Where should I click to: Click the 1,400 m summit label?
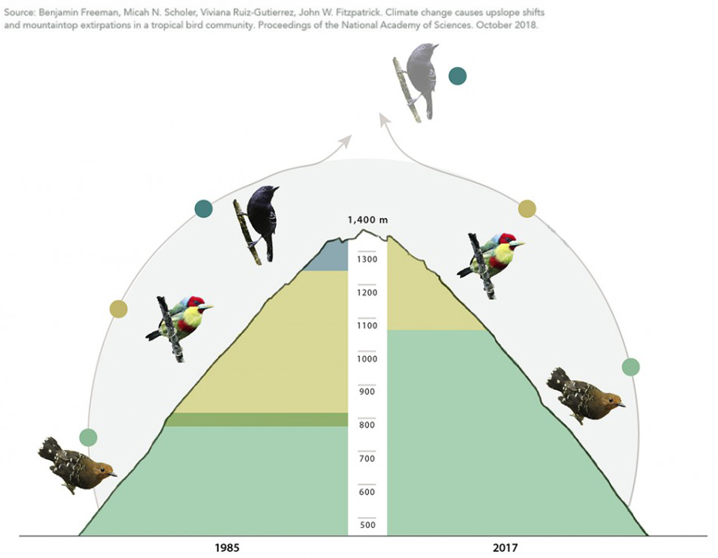pyautogui.click(x=367, y=220)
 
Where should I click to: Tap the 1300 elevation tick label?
pyautogui.click(x=367, y=259)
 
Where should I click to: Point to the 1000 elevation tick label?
pyautogui.click(x=367, y=358)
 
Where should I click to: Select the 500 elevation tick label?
pyautogui.click(x=367, y=525)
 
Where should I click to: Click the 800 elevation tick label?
pyautogui.click(x=367, y=425)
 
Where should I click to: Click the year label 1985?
pyautogui.click(x=227, y=547)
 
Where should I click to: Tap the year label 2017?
pyautogui.click(x=505, y=547)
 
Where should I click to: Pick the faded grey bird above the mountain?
pyautogui.click(x=417, y=82)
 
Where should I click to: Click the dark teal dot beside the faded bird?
pyautogui.click(x=458, y=76)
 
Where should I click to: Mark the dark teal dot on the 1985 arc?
pyautogui.click(x=203, y=208)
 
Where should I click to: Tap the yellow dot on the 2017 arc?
pyautogui.click(x=527, y=209)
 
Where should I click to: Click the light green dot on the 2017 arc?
pyautogui.click(x=630, y=367)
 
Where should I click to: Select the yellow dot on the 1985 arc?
pyautogui.click(x=119, y=309)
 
